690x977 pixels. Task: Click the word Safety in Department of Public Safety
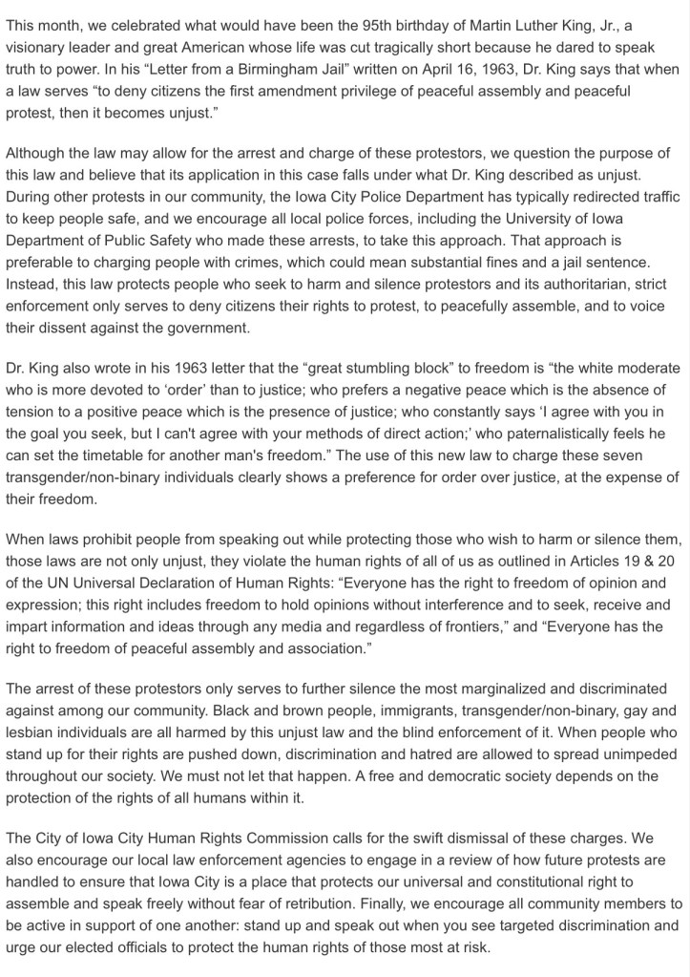click(x=200, y=241)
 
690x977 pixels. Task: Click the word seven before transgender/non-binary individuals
click(x=657, y=456)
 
